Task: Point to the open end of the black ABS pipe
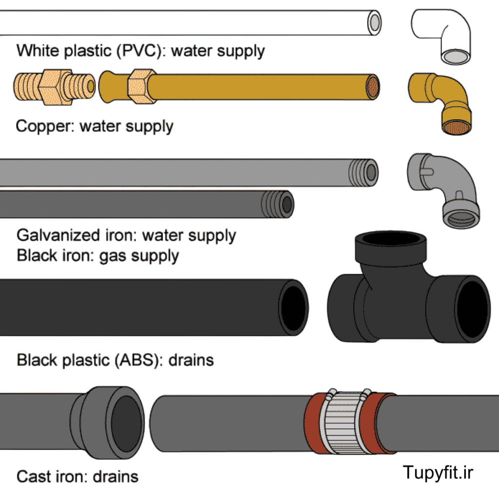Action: (x=294, y=307)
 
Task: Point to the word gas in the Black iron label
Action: (x=112, y=256)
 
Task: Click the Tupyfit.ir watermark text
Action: (x=438, y=472)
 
